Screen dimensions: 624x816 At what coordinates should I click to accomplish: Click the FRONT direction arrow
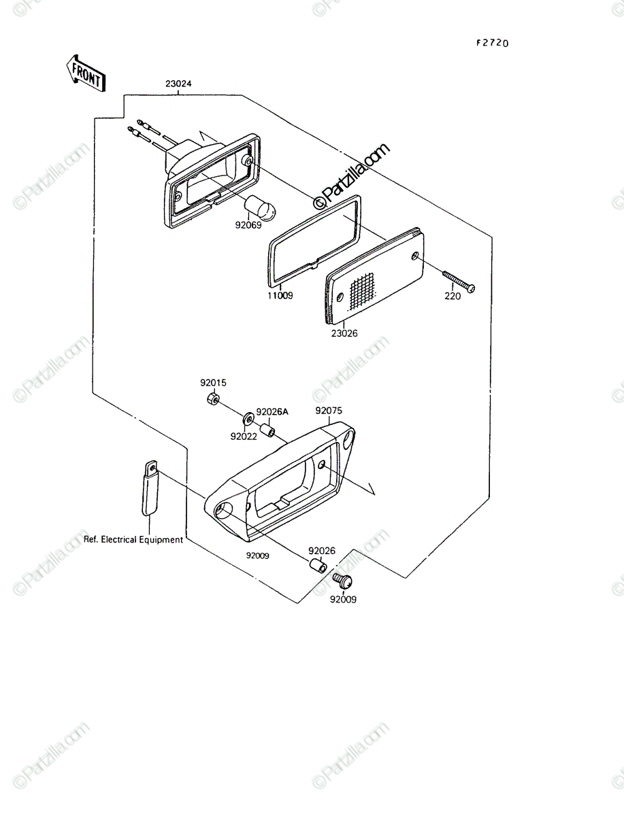86,73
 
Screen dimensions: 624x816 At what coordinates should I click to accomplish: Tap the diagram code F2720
493,44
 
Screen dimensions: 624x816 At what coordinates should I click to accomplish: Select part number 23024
178,84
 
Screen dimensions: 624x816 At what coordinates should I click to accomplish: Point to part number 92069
248,225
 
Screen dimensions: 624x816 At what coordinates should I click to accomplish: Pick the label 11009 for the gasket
280,296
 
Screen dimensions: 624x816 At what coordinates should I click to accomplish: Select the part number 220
453,296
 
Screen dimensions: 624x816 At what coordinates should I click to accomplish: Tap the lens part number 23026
344,333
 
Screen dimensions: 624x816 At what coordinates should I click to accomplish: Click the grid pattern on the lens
362,292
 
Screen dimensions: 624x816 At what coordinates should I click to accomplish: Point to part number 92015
213,383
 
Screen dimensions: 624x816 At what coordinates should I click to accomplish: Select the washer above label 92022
248,420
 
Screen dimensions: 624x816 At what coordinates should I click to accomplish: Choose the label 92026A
272,412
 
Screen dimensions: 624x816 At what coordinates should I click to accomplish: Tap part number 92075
329,411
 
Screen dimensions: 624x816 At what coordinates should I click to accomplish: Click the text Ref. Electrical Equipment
133,539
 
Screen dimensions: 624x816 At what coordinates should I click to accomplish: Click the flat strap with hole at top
150,488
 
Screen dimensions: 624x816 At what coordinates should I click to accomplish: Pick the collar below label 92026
318,566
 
